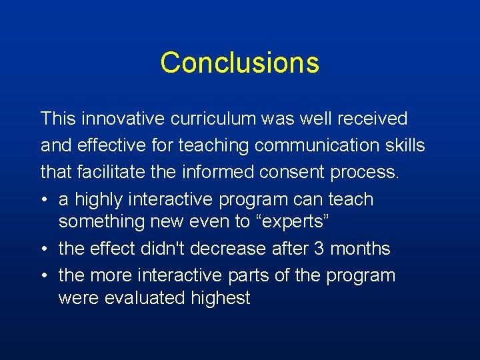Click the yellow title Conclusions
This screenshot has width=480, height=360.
[x=239, y=63]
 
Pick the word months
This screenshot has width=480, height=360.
[x=361, y=249]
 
